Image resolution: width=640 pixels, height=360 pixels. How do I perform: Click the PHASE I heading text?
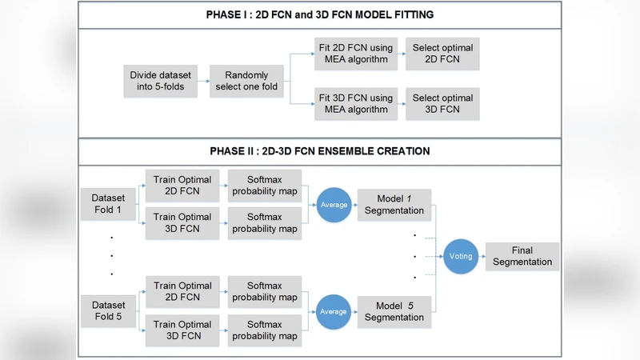(x=319, y=15)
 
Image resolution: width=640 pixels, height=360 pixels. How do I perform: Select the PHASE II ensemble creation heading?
(x=319, y=150)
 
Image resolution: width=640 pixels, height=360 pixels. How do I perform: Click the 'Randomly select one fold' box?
(x=249, y=82)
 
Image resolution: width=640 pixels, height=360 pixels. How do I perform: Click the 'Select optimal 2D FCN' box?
(x=442, y=54)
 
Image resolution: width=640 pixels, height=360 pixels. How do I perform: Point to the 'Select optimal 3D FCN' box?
(x=442, y=104)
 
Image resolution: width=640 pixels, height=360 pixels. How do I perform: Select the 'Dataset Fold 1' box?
(x=108, y=205)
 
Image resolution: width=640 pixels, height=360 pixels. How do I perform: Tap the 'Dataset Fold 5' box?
(x=108, y=311)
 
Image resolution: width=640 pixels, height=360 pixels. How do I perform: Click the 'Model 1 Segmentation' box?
(x=394, y=205)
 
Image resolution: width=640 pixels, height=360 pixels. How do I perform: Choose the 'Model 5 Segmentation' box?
(x=394, y=311)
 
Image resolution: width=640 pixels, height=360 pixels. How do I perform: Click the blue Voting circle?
(x=460, y=257)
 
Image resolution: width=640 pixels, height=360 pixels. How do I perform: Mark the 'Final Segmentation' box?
(x=522, y=257)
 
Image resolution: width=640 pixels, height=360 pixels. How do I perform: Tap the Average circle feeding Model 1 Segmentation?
(x=334, y=205)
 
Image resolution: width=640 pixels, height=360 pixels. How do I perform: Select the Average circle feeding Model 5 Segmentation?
(x=334, y=311)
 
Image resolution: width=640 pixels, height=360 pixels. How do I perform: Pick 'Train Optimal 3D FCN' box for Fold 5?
(x=183, y=330)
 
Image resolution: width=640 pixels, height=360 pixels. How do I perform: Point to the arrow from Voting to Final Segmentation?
(x=481, y=257)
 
